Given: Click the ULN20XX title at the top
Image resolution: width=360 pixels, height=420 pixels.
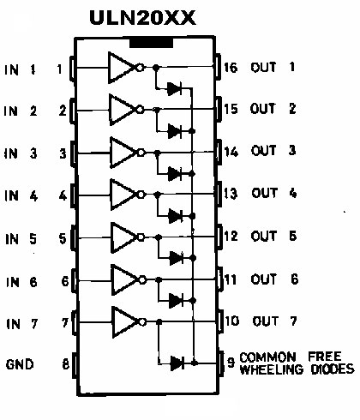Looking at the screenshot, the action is tap(142, 18).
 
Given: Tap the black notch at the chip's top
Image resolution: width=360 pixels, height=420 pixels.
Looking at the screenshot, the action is tap(151, 43).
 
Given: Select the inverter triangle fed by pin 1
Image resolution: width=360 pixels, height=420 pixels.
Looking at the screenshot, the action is tap(121, 68).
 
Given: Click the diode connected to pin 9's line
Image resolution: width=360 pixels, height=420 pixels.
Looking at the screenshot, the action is tap(177, 363).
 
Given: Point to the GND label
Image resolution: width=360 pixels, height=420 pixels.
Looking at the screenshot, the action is tap(20, 364).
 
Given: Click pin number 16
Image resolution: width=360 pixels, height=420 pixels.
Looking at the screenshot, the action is tap(231, 68).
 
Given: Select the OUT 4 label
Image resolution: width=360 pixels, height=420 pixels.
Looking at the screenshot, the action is tap(274, 194).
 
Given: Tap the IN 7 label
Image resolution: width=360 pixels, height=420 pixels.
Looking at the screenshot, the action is tap(22, 324).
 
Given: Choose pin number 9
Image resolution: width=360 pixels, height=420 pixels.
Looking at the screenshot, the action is tap(231, 362).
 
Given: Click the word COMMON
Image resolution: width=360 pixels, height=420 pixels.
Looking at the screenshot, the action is tap(267, 357).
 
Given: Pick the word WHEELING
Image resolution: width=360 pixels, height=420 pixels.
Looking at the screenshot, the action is tap(271, 369).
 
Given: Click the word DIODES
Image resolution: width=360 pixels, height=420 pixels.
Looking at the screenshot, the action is tap(333, 369).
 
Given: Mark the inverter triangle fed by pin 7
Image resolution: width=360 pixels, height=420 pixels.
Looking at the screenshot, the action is tap(125, 322).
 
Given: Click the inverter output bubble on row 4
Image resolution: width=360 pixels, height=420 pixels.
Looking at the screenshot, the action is tap(141, 195).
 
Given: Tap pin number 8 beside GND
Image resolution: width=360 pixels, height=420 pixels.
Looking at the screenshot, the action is tap(66, 364).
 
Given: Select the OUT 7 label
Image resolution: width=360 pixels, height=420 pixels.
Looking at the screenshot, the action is tap(275, 321).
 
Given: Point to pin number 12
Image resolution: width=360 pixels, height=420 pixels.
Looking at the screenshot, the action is tap(231, 237).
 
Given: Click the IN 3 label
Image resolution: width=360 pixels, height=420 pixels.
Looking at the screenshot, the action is tap(21, 153).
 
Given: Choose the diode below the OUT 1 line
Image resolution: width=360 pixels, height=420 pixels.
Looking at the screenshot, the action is tap(174, 88).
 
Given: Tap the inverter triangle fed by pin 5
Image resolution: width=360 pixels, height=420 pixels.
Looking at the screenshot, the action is tap(124, 237).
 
